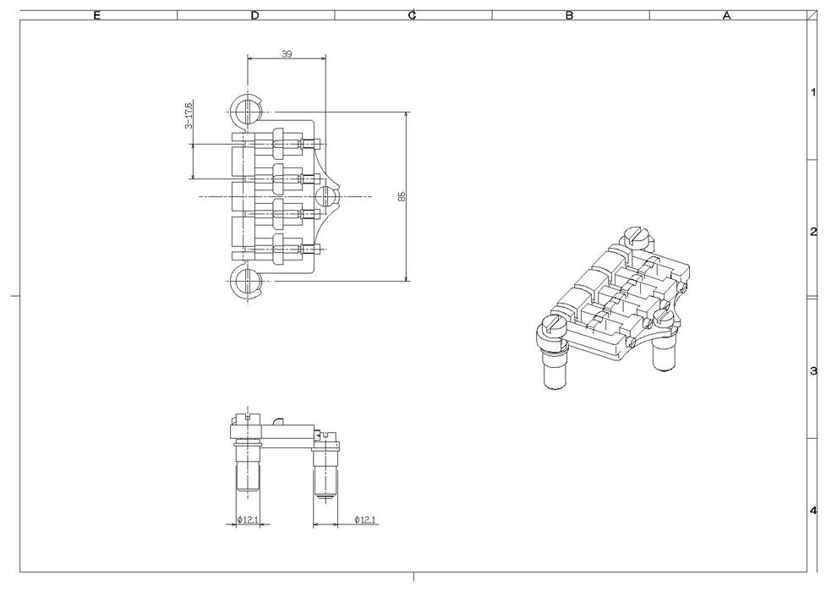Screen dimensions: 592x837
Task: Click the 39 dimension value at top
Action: pos(286,53)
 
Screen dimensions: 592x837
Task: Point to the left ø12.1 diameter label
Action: pos(249,518)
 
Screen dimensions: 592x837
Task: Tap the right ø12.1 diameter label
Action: pos(367,518)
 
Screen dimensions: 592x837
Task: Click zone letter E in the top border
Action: pos(97,15)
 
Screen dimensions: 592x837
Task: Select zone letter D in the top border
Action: pos(255,15)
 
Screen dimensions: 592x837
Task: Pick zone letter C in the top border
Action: pos(413,15)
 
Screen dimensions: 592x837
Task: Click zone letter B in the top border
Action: pos(570,15)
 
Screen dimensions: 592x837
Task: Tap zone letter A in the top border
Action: pos(726,15)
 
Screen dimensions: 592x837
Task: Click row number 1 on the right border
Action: pos(813,92)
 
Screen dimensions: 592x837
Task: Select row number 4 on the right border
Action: pos(813,511)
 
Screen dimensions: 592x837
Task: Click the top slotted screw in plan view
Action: pos(247,110)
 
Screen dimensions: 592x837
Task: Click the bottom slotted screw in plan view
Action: pos(247,282)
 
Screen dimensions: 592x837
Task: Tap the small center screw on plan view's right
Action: pos(326,196)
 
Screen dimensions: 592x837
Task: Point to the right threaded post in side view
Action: pos(325,475)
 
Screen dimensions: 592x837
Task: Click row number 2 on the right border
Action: pos(813,232)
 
